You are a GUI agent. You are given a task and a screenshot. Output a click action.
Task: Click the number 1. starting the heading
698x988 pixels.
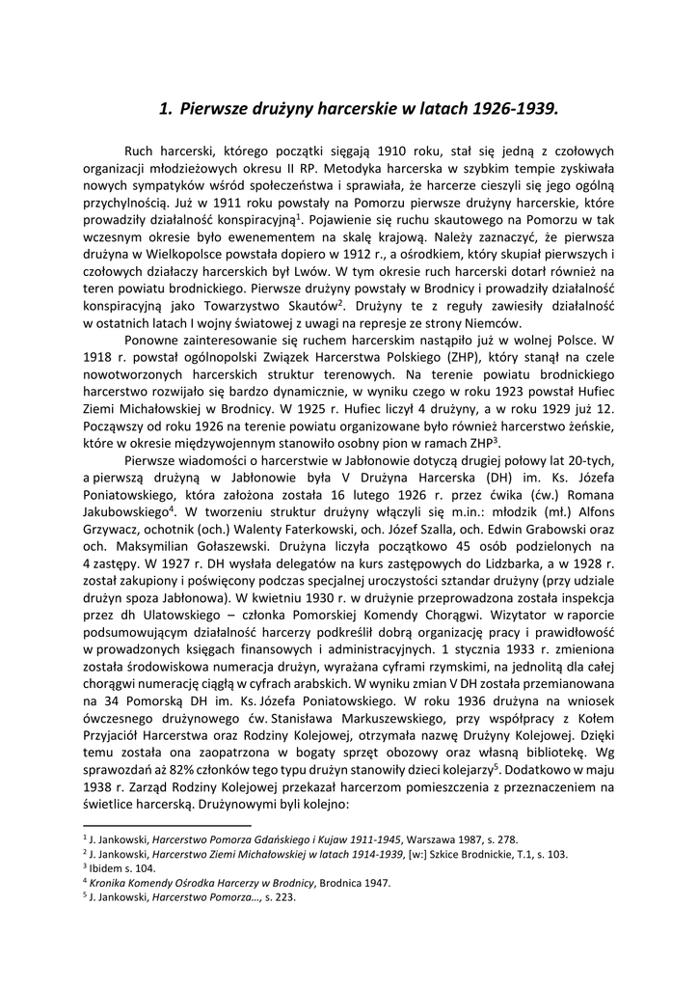click(165, 109)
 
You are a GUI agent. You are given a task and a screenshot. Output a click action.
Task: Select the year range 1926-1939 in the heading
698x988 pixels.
click(514, 109)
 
